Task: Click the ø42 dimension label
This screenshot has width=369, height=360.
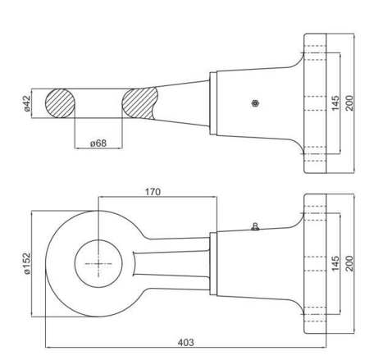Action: pos(28,103)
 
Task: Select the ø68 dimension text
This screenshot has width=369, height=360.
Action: pos(98,144)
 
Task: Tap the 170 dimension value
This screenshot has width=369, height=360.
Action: pos(153,192)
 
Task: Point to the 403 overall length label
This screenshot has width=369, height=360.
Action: pos(186,343)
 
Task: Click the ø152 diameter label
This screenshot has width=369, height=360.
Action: pos(28,263)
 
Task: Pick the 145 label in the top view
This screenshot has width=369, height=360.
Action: pos(335,103)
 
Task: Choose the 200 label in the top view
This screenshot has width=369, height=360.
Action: pos(349,103)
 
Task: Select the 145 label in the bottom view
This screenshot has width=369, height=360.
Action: pos(335,263)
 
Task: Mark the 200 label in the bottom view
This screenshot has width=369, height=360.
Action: pos(349,263)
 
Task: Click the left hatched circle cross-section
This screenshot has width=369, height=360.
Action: pos(60,103)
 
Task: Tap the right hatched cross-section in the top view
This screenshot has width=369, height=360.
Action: pos(139,103)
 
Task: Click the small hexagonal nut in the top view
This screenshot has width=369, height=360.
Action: pos(255,103)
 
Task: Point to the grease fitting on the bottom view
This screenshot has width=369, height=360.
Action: pos(255,227)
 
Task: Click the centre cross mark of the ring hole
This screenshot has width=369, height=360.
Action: pos(98,264)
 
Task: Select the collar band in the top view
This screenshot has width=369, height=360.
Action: pos(213,103)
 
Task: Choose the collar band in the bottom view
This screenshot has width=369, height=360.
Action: pos(213,264)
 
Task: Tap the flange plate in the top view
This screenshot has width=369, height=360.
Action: pos(315,103)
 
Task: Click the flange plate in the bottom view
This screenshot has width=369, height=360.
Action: pos(315,264)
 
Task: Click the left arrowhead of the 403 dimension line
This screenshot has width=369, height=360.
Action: pos(48,348)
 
